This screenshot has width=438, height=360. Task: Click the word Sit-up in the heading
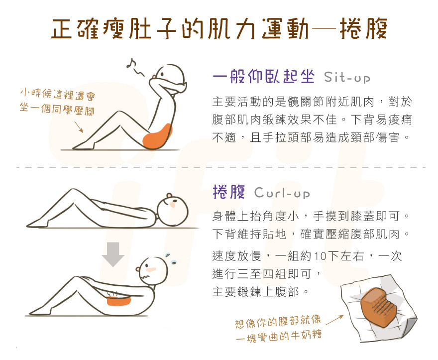tap(346, 79)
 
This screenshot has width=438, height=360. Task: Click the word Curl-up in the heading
tap(282, 193)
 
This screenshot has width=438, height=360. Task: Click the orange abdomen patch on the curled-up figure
tap(118, 300)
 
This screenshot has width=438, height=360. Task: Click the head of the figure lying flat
tap(173, 206)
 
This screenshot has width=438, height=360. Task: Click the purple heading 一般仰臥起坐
tap(263, 78)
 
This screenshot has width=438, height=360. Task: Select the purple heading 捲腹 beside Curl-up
tap(228, 192)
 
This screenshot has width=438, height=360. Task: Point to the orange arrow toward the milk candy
tap(334, 318)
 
